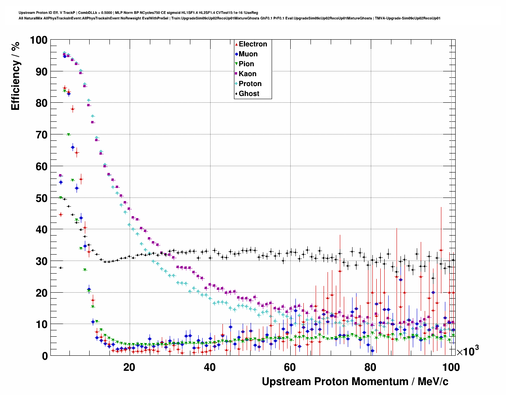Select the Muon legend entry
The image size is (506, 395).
[x=248, y=54]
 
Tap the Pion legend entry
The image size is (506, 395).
[x=246, y=64]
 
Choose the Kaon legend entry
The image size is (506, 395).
[x=247, y=74]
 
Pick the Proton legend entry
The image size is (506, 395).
[x=250, y=84]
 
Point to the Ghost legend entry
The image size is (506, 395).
[x=249, y=94]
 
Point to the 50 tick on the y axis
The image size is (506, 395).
[x=41, y=198]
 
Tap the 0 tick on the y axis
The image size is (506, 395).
[x=44, y=356]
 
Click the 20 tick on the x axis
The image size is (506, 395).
[x=129, y=367]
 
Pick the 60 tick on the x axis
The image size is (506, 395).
[x=290, y=367]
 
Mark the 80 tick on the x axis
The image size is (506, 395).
[x=370, y=367]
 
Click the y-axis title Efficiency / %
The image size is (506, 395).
[x=15, y=76]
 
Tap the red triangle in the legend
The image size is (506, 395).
[x=236, y=44]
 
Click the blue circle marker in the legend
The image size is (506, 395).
[x=236, y=54]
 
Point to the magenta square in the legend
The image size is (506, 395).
[x=236, y=74]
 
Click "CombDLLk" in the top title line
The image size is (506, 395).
[x=87, y=13]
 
